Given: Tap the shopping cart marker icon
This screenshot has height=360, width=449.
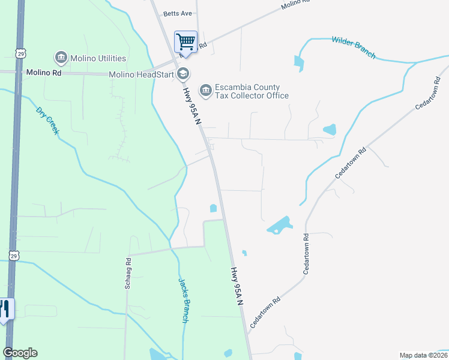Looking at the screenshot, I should pyautogui.click(x=185, y=41).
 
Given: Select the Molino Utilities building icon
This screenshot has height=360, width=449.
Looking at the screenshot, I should pyautogui.click(x=61, y=58).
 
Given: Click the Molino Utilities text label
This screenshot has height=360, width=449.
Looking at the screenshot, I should pyautogui.click(x=98, y=58).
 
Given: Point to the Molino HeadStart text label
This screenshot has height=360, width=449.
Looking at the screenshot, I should pyautogui.click(x=141, y=74).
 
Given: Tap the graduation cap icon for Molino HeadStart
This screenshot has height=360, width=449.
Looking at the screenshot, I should pyautogui.click(x=183, y=74).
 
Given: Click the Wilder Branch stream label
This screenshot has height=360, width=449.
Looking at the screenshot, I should pyautogui.click(x=354, y=47).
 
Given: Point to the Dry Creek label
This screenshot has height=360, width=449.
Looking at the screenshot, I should pyautogui.click(x=47, y=120).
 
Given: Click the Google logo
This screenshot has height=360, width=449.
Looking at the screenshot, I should pyautogui.click(x=20, y=353).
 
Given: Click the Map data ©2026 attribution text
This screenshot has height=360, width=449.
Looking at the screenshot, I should pyautogui.click(x=423, y=355).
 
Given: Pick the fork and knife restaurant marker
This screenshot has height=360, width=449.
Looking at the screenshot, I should pyautogui.click(x=5, y=308).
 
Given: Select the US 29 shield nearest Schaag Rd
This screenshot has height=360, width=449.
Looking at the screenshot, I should pyautogui.click(x=14, y=256).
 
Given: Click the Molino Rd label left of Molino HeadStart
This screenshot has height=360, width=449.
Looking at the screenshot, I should pyautogui.click(x=44, y=73).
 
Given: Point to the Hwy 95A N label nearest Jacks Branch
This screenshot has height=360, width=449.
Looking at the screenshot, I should pyautogui.click(x=238, y=287).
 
